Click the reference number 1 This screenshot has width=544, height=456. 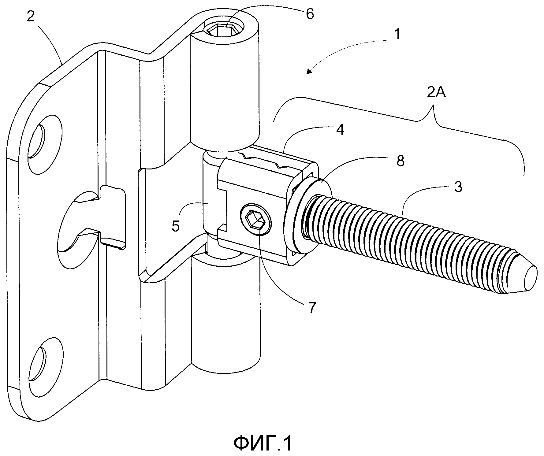397,34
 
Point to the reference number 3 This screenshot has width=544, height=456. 458,187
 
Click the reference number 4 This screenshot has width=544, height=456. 340,130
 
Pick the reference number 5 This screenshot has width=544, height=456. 175,226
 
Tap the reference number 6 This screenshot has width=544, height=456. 310,14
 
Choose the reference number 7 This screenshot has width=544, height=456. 311,308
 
